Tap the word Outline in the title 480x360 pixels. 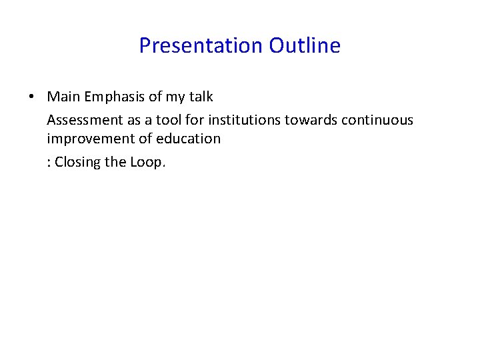pos(305,45)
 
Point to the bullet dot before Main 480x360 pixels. pos(32,97)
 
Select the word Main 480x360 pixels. pos(63,97)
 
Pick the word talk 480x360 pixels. pos(201,97)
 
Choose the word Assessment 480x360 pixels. pos(85,120)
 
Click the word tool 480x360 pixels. pos(169,120)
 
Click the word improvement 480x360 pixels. pos(89,139)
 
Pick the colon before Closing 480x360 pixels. pos(49,162)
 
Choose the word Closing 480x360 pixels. pos(77,162)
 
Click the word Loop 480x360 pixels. pos(147,162)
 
